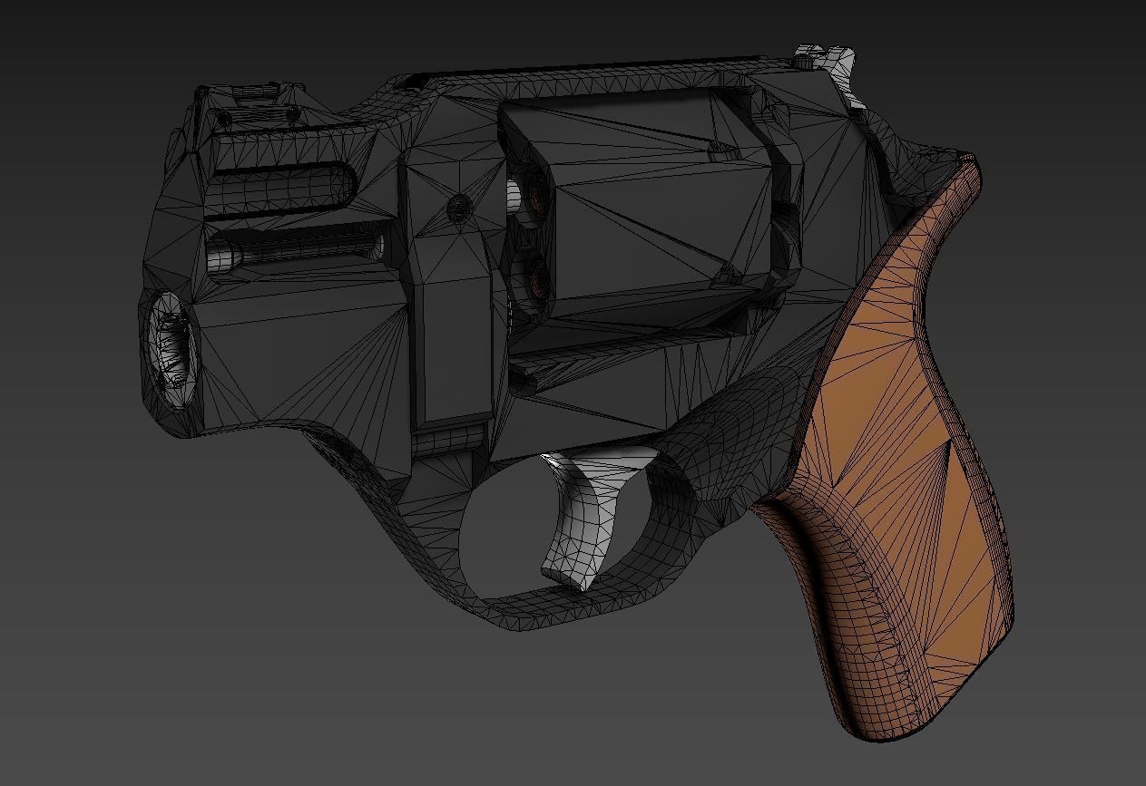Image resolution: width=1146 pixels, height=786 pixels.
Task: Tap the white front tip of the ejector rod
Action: point(220,258)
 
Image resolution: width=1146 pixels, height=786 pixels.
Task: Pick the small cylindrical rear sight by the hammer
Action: point(804,61)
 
